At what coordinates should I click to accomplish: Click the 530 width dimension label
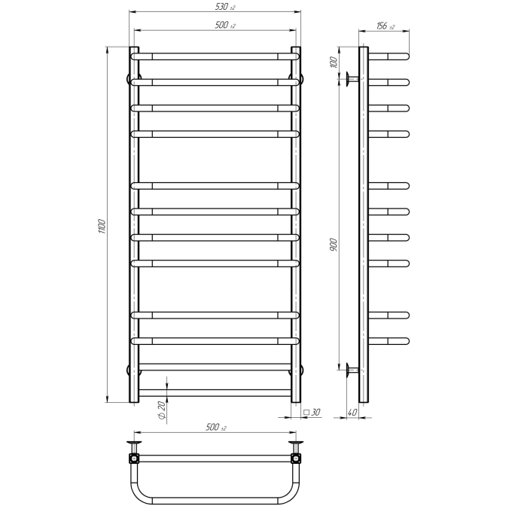tap(225, 7)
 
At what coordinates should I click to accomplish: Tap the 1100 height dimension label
tap(102, 227)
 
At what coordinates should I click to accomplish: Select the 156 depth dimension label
tap(386, 26)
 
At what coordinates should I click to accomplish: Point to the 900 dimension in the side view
tap(334, 245)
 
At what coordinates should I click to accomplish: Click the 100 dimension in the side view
tap(334, 62)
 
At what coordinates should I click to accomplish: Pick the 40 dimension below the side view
tap(352, 413)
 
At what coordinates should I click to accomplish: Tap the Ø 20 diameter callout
tap(162, 410)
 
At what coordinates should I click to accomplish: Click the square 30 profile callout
tap(312, 412)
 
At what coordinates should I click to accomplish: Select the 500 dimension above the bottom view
tap(216, 428)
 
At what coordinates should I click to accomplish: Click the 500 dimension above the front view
tap(225, 26)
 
